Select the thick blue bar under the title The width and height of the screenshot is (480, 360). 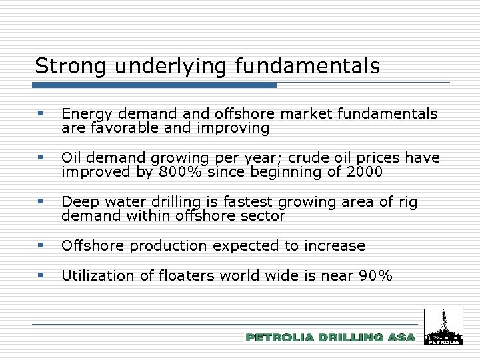155,85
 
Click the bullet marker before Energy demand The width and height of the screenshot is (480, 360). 41,114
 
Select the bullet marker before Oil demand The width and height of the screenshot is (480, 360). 41,158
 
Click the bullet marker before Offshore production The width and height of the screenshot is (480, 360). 41,245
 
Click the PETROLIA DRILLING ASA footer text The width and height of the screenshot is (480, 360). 330,338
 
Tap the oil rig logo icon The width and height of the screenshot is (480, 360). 443,327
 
